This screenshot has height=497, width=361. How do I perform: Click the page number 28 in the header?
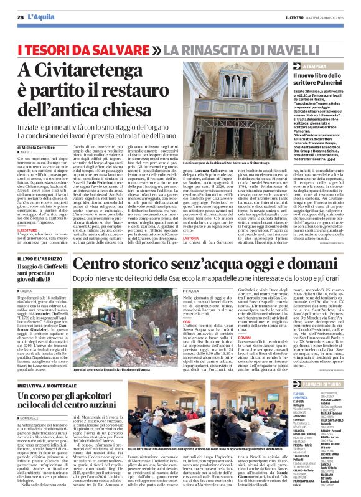point(21,17)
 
